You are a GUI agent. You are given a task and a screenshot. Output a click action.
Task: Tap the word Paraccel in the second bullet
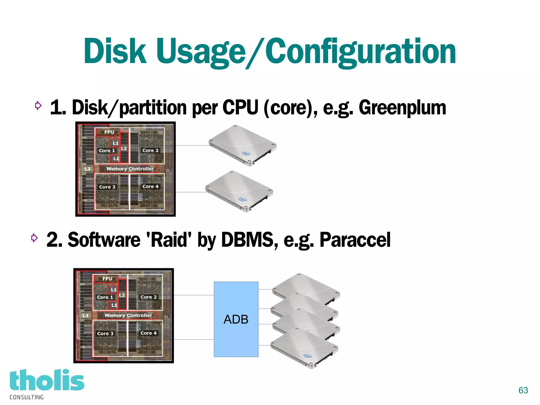point(355,240)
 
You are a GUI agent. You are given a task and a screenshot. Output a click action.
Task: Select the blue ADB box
point(236,319)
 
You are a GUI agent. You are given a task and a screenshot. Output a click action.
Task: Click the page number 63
point(523,390)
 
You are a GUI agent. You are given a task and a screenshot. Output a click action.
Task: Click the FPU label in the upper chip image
point(109,132)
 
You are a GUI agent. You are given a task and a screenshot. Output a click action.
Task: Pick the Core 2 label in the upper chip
point(150,150)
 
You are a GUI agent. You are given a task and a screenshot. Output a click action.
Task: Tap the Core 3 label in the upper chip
point(107,187)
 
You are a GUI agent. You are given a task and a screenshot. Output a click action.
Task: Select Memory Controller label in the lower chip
point(128,315)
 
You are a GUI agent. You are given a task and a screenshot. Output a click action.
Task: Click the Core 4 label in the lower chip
point(148,333)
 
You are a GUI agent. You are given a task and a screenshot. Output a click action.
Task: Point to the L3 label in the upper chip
point(88,169)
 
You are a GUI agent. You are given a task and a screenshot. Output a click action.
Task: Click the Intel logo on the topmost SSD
point(246,153)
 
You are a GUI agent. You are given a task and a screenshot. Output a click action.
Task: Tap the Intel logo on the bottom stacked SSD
point(307,356)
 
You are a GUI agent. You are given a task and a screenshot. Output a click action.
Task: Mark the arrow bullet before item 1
point(38,106)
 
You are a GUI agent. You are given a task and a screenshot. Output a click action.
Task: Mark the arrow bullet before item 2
point(34,238)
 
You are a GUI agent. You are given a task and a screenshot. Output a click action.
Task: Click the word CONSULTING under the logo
point(27,397)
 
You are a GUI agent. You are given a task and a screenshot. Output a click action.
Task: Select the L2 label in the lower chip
point(122,295)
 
